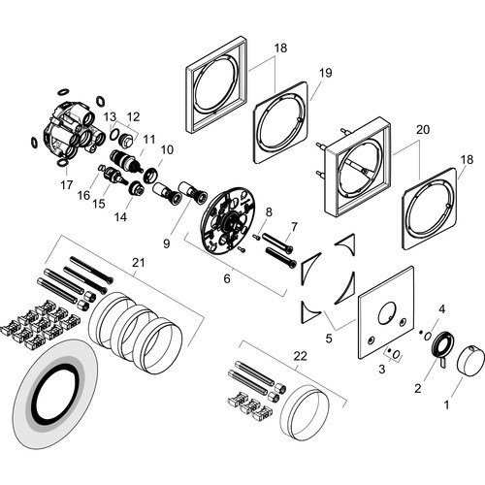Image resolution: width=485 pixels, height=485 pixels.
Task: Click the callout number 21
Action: point(139,262)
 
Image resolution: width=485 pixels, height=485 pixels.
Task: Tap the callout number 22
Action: point(300,356)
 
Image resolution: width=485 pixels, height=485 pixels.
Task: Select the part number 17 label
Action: point(67,185)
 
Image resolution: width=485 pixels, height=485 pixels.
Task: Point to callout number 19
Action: point(326,73)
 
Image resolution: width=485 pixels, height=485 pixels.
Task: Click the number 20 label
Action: point(423,129)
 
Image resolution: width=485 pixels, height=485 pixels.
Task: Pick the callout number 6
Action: point(227,278)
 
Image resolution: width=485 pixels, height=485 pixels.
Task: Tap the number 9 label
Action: point(167,243)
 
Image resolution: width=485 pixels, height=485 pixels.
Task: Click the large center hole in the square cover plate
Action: point(385,314)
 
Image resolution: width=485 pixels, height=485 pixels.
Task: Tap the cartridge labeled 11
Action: point(126,159)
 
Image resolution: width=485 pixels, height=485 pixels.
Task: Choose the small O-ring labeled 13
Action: point(114,135)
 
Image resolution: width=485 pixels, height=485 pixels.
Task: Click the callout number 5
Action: point(329,339)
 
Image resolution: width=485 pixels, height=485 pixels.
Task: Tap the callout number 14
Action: point(120,216)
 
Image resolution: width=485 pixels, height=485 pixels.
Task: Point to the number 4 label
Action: point(442,309)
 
